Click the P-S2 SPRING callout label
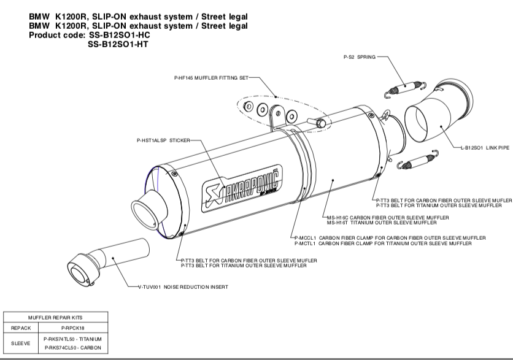[x=358, y=56]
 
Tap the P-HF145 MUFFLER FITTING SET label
[x=212, y=78]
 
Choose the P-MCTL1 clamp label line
[x=384, y=244]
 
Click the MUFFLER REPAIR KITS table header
[x=56, y=317]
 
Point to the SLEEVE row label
[x=21, y=343]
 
